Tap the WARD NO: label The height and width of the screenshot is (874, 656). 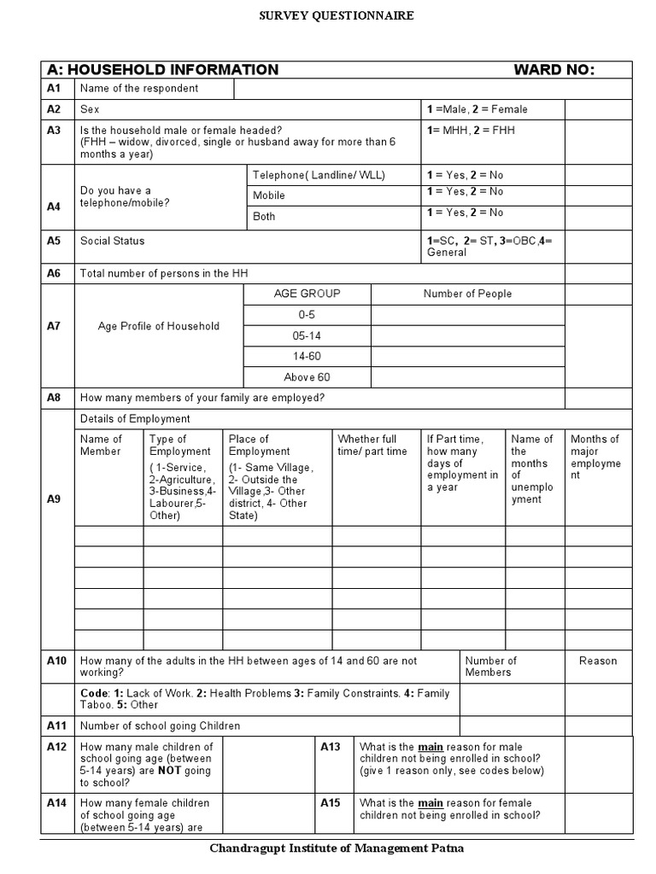[553, 70]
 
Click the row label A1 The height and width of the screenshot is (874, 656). [54, 89]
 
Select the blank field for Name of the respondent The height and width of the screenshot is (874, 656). [431, 89]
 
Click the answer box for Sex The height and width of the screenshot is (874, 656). [598, 109]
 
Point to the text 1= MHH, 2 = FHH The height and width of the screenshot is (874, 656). [471, 131]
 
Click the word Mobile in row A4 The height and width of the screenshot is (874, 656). [269, 195]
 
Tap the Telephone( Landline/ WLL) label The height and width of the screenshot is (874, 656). [319, 175]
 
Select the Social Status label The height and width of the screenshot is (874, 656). [112, 241]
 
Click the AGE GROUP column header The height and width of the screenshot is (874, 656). [307, 294]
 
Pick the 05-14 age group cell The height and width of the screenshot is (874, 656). [307, 335]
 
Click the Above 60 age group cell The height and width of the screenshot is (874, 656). [307, 377]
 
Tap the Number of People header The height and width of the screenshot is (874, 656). [467, 294]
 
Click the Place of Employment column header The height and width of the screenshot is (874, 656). [249, 446]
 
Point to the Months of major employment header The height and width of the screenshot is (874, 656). [596, 457]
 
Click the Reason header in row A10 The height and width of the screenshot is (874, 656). [598, 661]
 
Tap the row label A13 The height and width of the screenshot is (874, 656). [331, 747]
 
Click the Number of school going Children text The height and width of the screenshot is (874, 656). [160, 726]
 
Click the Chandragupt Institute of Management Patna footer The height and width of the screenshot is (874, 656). [337, 848]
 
